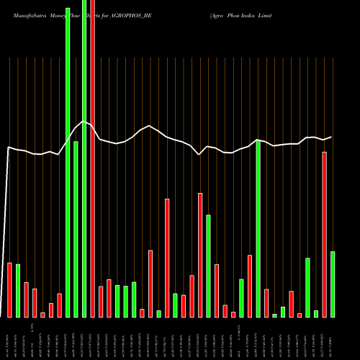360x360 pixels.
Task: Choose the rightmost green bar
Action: (333, 284)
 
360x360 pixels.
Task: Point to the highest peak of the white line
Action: (84, 122)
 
